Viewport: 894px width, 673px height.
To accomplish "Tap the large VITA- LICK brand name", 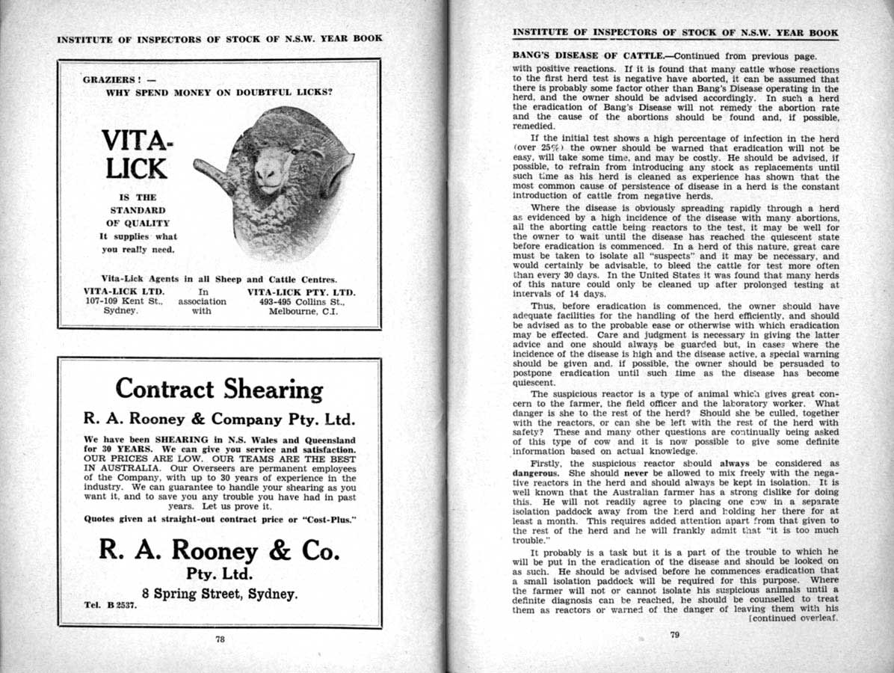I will pos(136,154).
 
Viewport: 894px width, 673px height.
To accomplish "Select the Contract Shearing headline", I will pos(219,390).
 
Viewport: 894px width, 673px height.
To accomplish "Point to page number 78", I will pos(220,639).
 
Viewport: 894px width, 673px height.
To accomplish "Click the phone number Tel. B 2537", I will pos(111,606).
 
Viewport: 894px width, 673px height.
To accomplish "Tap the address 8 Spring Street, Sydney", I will pos(220,594).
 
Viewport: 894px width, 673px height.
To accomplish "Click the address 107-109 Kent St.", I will pos(117,301).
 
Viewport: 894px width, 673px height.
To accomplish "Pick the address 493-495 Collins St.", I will pos(301,301).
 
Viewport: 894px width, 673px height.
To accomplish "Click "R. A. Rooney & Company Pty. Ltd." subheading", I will pos(220,419).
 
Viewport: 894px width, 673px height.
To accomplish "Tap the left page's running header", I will pos(220,39).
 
